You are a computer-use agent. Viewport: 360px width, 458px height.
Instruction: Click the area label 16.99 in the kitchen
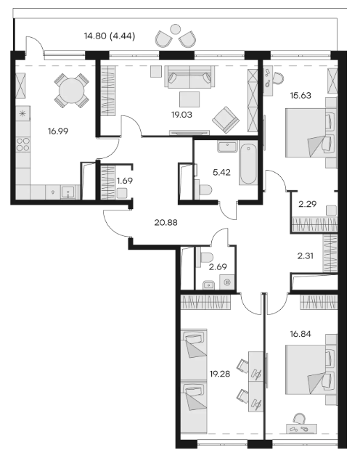(58, 131)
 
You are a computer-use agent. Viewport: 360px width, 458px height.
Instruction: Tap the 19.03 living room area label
(181, 115)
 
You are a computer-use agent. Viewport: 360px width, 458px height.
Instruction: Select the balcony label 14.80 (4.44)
(110, 36)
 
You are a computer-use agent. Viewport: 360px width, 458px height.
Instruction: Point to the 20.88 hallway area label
(165, 223)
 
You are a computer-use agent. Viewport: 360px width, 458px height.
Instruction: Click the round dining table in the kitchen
(72, 91)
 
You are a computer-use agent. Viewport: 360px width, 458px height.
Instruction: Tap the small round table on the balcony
(175, 29)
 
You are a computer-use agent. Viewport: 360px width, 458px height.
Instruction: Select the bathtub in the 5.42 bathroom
(248, 163)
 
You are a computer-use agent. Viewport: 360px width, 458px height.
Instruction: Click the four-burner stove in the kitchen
(22, 144)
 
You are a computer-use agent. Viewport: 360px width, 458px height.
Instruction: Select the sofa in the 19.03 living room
(189, 77)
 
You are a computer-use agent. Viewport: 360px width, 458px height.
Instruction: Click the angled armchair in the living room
(226, 120)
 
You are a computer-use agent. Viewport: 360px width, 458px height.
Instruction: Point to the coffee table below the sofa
(189, 99)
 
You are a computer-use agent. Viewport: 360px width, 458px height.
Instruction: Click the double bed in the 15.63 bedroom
(308, 133)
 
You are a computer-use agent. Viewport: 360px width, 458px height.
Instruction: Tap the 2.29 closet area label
(308, 203)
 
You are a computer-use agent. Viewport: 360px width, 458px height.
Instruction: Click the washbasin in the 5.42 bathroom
(227, 147)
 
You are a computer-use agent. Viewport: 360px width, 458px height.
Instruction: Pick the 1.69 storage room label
(124, 181)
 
